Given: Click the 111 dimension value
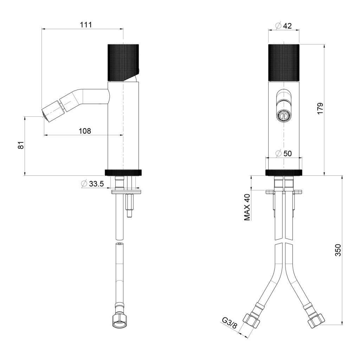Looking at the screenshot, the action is pyautogui.click(x=86, y=25).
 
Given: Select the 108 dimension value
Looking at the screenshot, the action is pyautogui.click(x=85, y=131).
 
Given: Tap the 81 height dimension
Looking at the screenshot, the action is pyautogui.click(x=21, y=145).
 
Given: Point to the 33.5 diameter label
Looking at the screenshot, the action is pyautogui.click(x=93, y=184).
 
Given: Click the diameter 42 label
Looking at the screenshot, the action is pyautogui.click(x=284, y=26).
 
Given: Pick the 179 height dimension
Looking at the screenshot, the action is pyautogui.click(x=320, y=108).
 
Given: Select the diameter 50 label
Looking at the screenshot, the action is pyautogui.click(x=284, y=153).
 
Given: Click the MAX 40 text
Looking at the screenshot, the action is pyautogui.click(x=247, y=207).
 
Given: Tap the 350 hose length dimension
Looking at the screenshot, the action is pyautogui.click(x=339, y=250).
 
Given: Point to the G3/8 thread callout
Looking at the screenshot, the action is pyautogui.click(x=229, y=323).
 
